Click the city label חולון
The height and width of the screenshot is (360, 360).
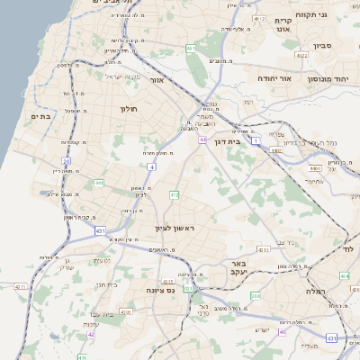click(x=129, y=109)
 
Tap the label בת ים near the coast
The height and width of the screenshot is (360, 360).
click(x=40, y=116)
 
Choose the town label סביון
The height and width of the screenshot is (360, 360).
click(x=324, y=45)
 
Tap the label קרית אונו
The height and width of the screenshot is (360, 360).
click(x=283, y=25)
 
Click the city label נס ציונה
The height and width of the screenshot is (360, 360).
click(x=163, y=291)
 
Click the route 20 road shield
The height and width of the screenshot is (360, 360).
click(x=67, y=161)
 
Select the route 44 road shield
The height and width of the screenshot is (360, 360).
click(x=203, y=139)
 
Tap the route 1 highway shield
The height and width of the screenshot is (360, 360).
click(x=255, y=140)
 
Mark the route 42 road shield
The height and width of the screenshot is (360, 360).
click(x=91, y=335)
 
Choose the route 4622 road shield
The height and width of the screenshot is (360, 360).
click(x=302, y=55)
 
